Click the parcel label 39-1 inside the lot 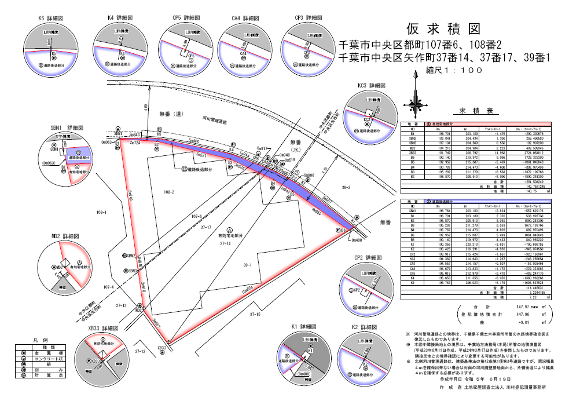pyautogui.click(x=248, y=264)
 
